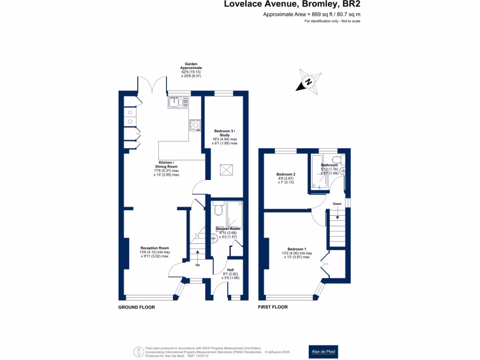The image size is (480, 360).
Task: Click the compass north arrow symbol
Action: click(x=308, y=82)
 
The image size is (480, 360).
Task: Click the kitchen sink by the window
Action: click(x=178, y=101)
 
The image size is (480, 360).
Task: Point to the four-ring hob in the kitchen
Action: click(x=195, y=125)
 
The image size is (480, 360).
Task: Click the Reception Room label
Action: click(x=155, y=248)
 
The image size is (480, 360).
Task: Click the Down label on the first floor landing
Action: click(x=337, y=204)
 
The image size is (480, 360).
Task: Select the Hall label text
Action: click(x=230, y=270)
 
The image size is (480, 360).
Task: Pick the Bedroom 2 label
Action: click(x=285, y=174)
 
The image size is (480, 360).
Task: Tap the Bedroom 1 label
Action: click(x=297, y=249)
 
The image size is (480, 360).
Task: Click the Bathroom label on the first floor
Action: click(x=329, y=165)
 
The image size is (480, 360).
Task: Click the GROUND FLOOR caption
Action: click(x=136, y=307)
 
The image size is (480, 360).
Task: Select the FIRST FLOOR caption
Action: click(x=273, y=307)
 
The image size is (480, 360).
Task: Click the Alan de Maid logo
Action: click(x=324, y=352)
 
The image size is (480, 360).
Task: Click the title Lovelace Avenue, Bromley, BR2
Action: click(x=292, y=5)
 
